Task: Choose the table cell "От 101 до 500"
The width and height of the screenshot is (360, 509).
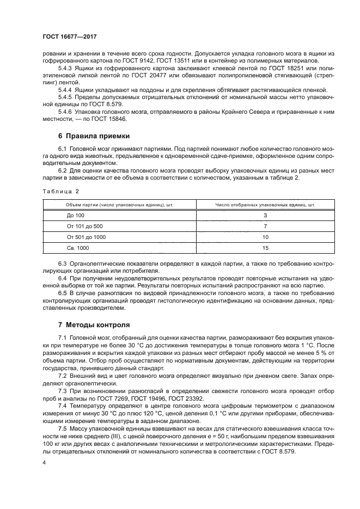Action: [x=84, y=226]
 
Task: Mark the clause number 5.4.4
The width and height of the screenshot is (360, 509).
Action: [x=65, y=89]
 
